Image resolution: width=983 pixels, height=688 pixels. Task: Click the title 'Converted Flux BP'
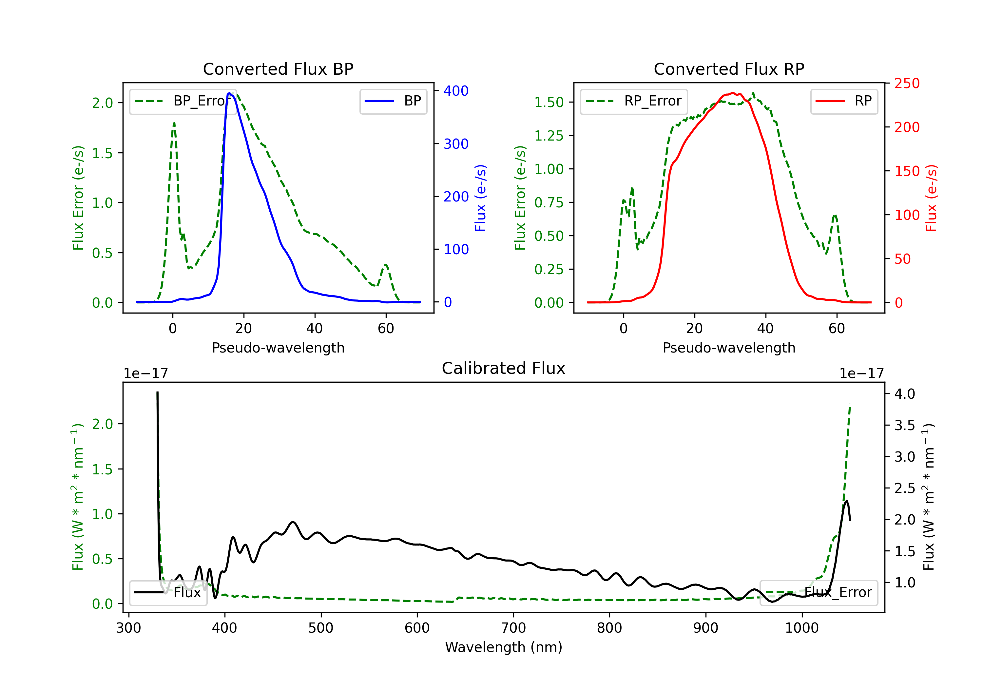tap(278, 69)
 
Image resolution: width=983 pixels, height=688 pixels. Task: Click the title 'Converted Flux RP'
tap(729, 69)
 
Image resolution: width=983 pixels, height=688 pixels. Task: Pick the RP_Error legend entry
tap(634, 101)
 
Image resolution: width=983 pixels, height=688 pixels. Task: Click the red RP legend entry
tap(844, 101)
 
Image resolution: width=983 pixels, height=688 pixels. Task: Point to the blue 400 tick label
tap(456, 91)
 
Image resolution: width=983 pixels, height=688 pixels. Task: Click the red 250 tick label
tap(907, 84)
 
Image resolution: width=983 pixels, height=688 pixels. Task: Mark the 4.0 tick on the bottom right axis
tap(904, 394)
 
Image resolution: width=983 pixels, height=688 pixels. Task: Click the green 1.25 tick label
tap(549, 136)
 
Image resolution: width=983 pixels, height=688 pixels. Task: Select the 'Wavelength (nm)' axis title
tap(504, 647)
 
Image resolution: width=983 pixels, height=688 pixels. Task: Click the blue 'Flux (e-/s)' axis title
tap(481, 198)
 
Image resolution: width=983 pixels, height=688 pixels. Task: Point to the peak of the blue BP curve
tap(229, 93)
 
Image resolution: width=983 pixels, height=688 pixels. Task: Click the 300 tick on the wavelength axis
tap(128, 628)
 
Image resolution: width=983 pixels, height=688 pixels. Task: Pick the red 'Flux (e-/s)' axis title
tap(932, 198)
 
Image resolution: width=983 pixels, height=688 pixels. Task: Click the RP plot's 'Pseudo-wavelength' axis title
tap(729, 348)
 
